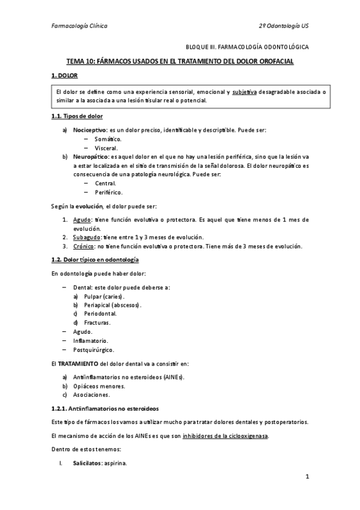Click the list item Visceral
tap(106, 147)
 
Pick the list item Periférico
tap(109, 192)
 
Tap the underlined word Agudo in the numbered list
tap(82, 220)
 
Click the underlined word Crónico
tap(84, 246)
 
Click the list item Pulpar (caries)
tap(103, 296)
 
